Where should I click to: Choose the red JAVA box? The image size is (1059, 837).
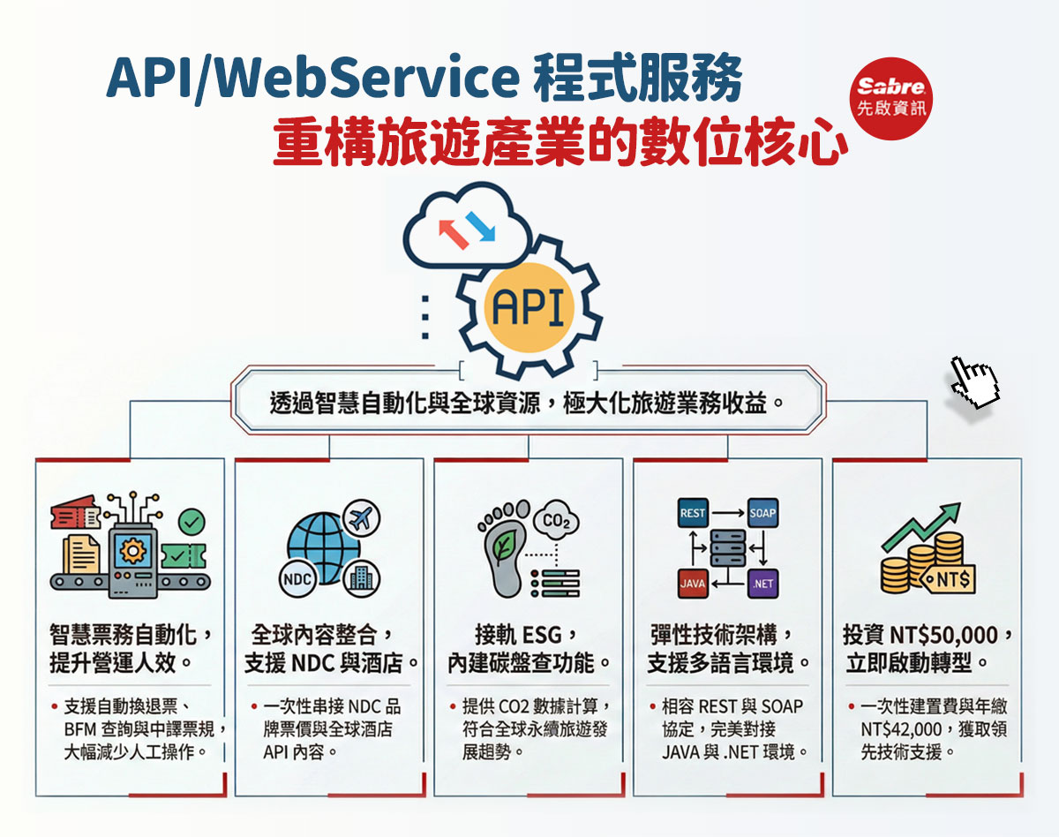pyautogui.click(x=692, y=584)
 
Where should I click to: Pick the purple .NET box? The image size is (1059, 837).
pyautogui.click(x=762, y=584)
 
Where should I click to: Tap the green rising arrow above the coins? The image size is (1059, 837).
pyautogui.click(x=922, y=525)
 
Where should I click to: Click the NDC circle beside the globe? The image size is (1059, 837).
pyautogui.click(x=297, y=579)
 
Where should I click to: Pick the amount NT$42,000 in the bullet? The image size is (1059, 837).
pyautogui.click(x=903, y=730)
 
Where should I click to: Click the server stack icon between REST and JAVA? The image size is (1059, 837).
pyautogui.click(x=727, y=547)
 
